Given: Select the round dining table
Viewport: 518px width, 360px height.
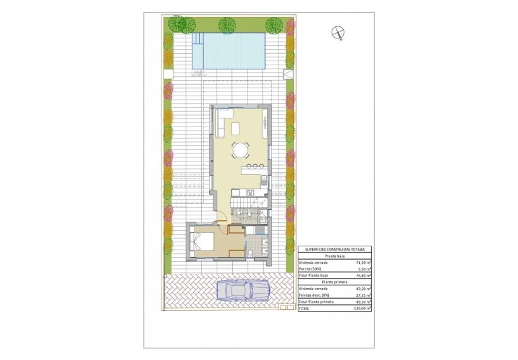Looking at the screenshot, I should click(239, 149).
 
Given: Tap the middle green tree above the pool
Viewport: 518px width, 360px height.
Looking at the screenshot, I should click(227, 26).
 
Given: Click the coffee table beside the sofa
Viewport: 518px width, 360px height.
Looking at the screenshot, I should click(235, 128).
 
